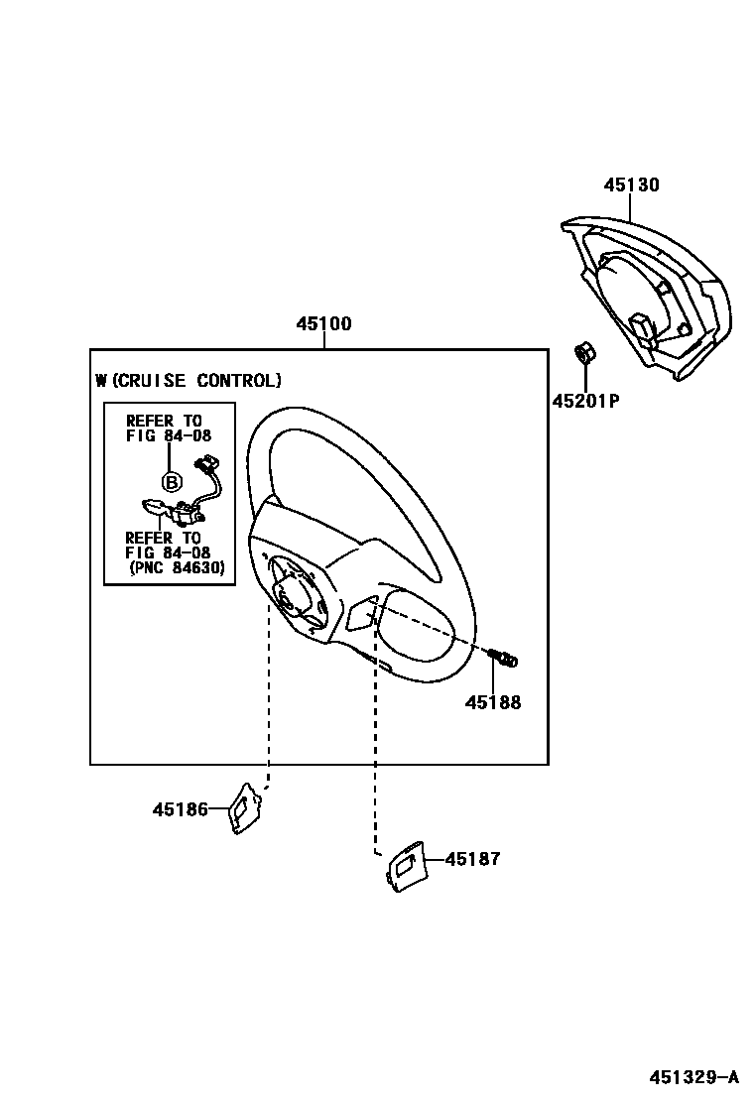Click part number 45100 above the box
click(x=323, y=324)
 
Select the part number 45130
click(x=632, y=185)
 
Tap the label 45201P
click(x=585, y=401)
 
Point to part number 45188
click(x=493, y=702)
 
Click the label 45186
click(x=180, y=809)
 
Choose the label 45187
click(x=472, y=859)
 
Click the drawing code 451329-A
click(x=694, y=1076)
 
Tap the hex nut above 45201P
click(x=585, y=352)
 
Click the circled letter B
click(x=171, y=483)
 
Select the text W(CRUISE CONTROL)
click(x=188, y=380)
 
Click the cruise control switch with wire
click(x=185, y=501)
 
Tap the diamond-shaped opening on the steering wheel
click(x=359, y=615)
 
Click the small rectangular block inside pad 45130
click(x=640, y=325)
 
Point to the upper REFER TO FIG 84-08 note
click(x=168, y=428)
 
